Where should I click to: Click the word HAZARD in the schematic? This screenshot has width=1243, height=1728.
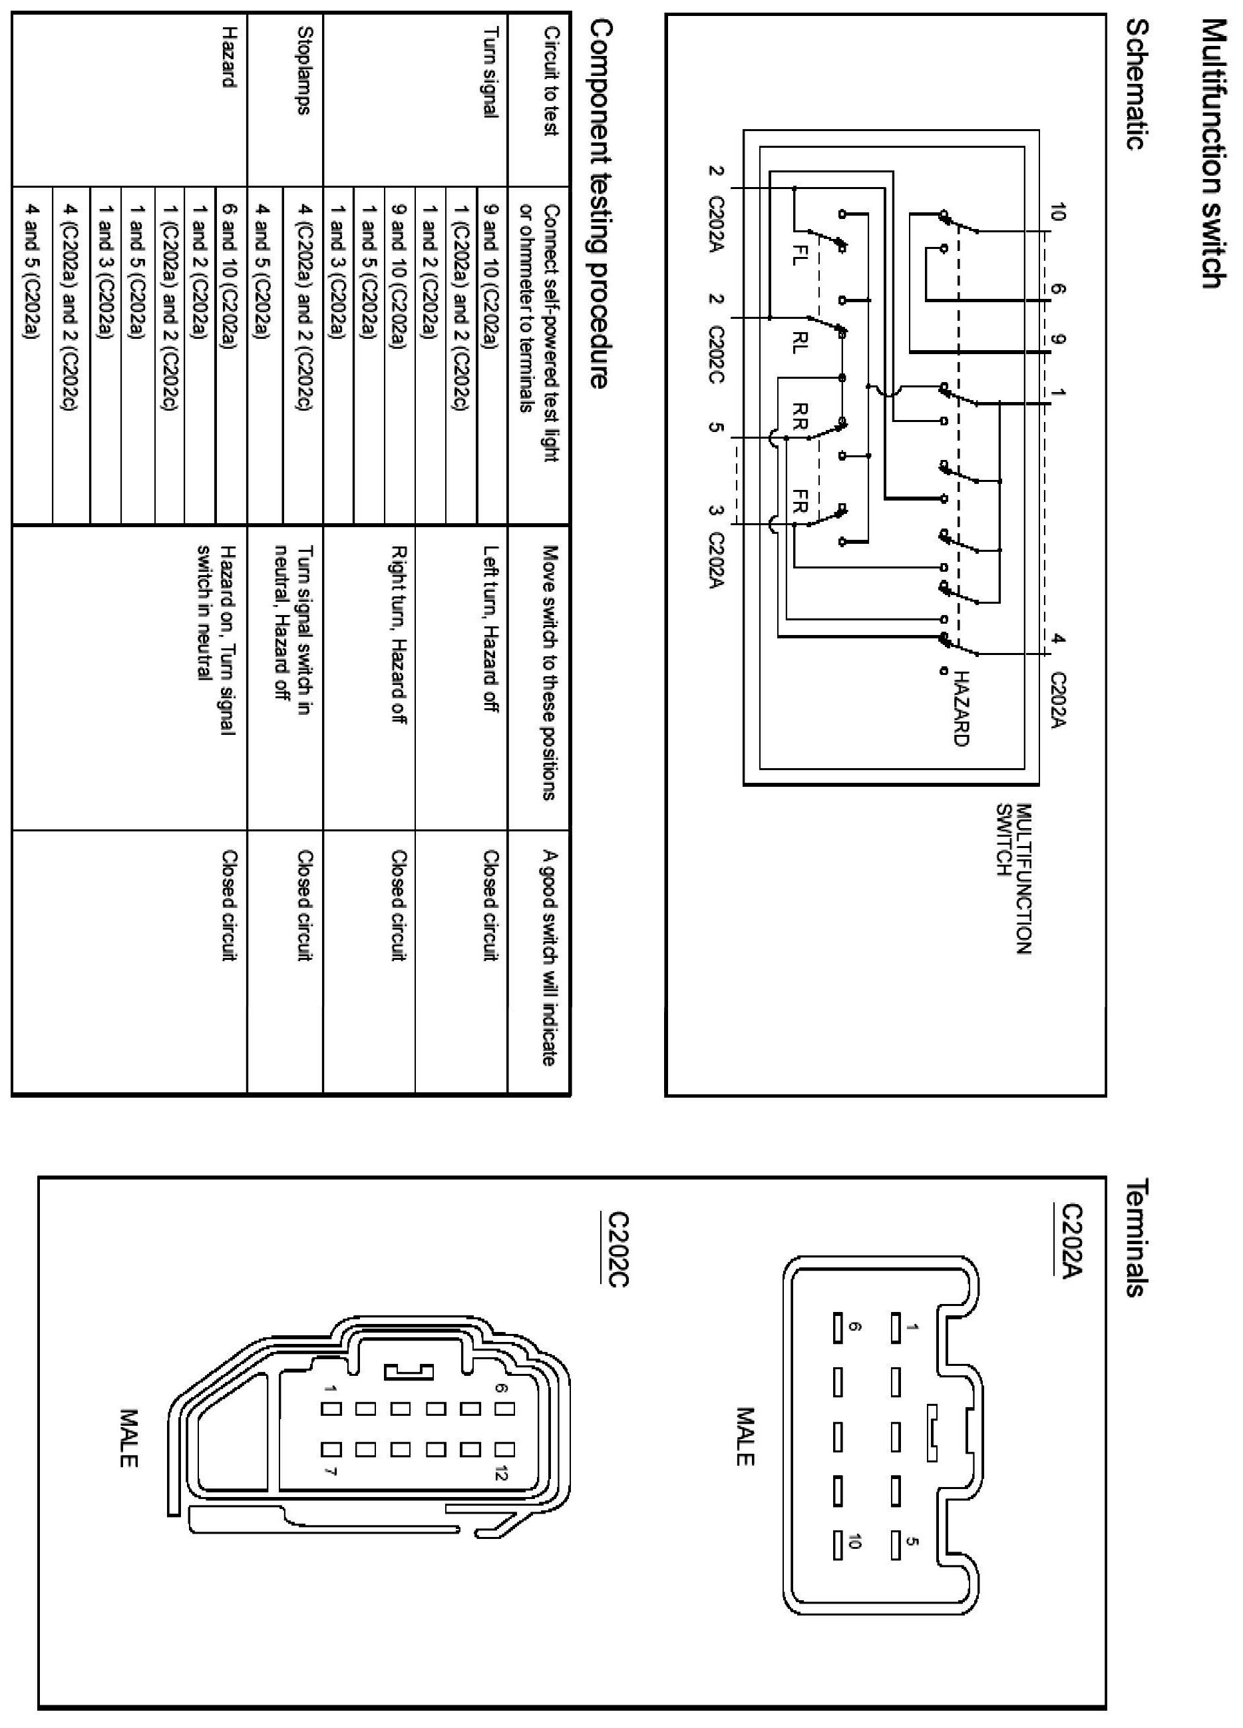tap(961, 708)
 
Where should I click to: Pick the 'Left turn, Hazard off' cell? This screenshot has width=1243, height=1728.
tap(491, 628)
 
